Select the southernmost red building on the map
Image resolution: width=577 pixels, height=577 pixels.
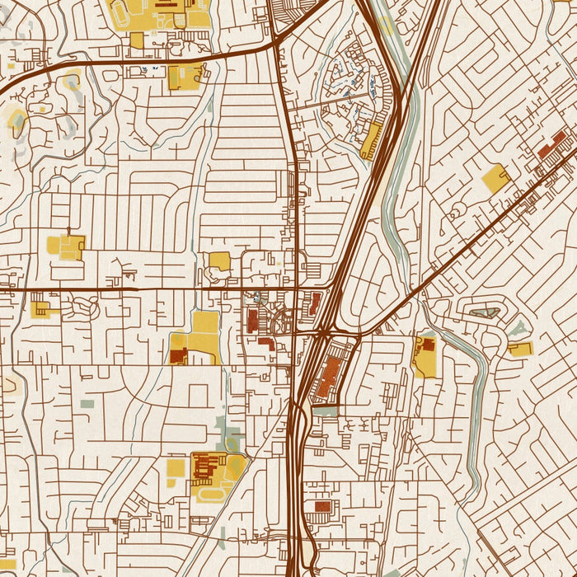(x=323, y=506)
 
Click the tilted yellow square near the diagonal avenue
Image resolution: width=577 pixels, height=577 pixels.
(x=495, y=178)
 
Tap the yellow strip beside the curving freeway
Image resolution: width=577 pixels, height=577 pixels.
(x=372, y=141)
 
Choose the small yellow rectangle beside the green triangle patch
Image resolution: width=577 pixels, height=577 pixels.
(x=519, y=348)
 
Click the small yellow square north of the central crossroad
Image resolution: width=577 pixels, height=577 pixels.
(x=219, y=261)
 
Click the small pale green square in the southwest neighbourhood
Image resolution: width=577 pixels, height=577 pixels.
(x=87, y=404)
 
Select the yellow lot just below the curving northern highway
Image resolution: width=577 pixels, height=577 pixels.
(x=185, y=77)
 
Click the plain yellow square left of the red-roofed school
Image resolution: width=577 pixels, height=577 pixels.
(x=176, y=468)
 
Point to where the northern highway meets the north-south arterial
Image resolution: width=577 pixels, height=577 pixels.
(x=278, y=45)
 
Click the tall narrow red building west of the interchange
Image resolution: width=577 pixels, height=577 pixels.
(x=252, y=320)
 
